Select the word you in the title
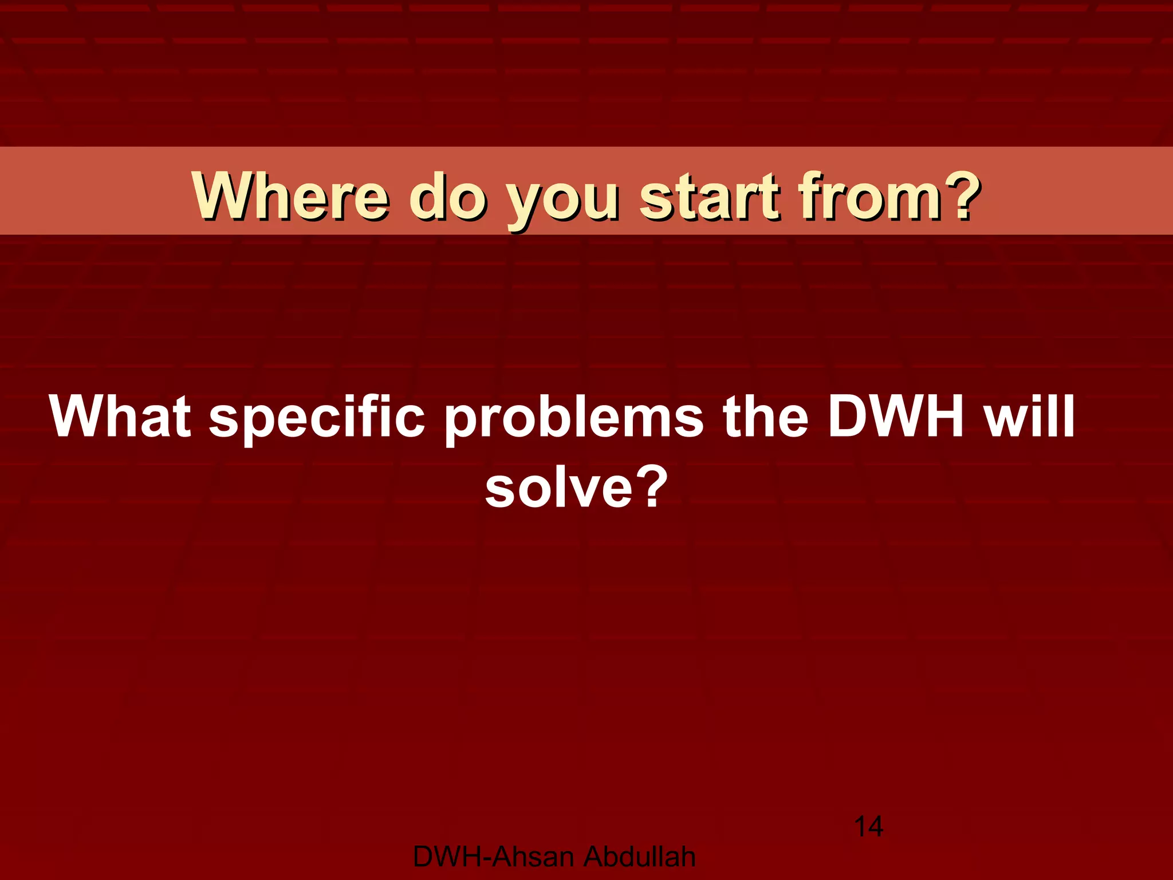pos(564,201)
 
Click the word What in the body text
pos(120,416)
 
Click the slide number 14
pos(868,827)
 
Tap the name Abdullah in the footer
pos(640,857)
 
